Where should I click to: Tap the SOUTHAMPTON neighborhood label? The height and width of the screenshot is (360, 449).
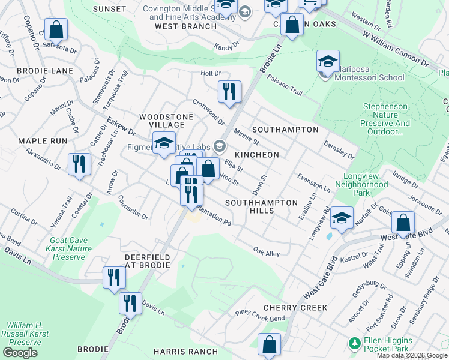[x=285, y=130]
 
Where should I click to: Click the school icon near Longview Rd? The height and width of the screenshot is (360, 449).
[x=342, y=217]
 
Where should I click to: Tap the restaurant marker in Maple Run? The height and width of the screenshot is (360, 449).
[x=79, y=164]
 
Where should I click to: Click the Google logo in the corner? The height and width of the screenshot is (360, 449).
[x=20, y=353]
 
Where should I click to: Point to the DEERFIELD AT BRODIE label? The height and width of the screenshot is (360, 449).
[x=147, y=261]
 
